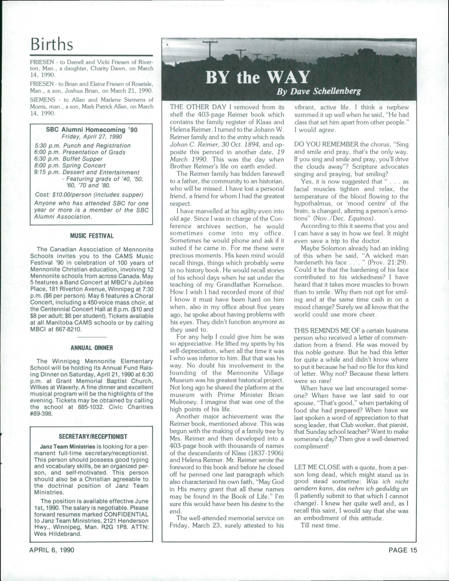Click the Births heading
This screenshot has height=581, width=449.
point(52,44)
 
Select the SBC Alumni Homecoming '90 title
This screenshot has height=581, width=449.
point(92,130)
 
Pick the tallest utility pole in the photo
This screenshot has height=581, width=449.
point(210,49)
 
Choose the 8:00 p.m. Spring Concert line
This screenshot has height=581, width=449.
point(70,166)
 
